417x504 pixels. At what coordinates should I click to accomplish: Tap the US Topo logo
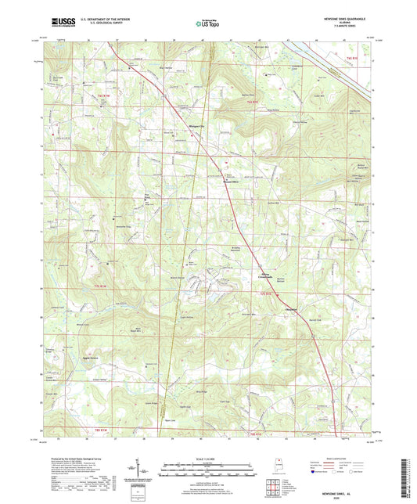click(207, 24)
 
